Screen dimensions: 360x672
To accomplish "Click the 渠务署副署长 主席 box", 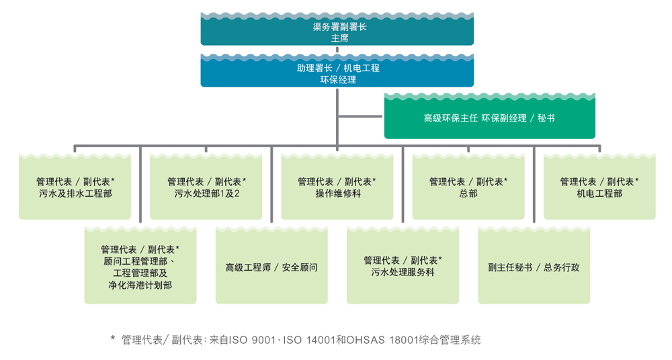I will coord(337,30).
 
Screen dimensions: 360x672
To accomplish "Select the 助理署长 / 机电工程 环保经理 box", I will coord(337,73).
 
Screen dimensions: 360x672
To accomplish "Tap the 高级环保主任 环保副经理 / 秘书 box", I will coord(489,118).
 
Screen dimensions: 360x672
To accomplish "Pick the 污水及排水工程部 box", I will coord(75,188).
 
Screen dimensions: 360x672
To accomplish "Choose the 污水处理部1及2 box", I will coord(206,188).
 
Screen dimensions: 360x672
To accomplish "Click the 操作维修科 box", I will coord(337,188).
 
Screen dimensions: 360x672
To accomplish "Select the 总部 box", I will coord(468,188).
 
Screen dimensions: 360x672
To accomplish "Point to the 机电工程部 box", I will coord(599,188).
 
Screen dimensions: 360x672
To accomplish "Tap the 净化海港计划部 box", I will coord(140,267).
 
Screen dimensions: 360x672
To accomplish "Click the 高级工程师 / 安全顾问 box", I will coord(271,267).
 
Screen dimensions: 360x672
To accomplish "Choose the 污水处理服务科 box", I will coord(403,267).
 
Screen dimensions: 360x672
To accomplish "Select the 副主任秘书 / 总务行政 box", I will coord(534,267).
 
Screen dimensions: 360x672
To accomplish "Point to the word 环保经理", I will coord(337,79).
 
